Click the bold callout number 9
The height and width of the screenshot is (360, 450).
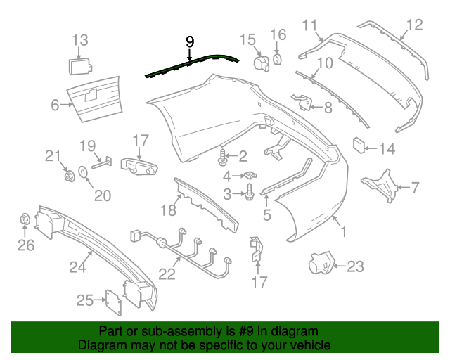[190, 41]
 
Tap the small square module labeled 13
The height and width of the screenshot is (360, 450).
[78, 66]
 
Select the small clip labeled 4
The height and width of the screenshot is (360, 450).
[247, 175]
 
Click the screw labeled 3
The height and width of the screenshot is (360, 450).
[250, 191]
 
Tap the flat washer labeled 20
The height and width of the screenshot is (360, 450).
[83, 171]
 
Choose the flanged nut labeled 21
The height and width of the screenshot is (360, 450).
[69, 175]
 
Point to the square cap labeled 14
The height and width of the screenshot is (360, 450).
[359, 146]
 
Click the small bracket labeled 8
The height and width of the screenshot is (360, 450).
[306, 103]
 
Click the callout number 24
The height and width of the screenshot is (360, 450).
[77, 266]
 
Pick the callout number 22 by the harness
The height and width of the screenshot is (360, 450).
[166, 274]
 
